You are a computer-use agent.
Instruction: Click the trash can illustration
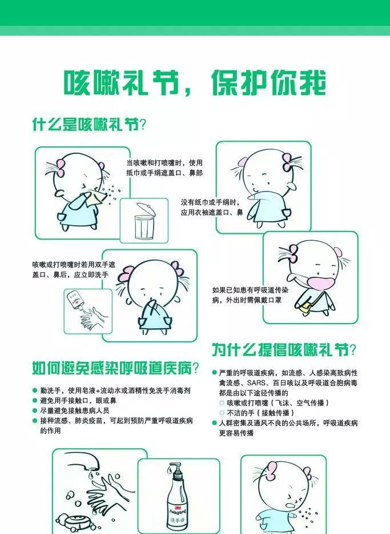coord(145,221)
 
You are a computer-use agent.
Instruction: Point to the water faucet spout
coord(82,460)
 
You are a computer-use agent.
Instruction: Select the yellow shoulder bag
coord(304,306)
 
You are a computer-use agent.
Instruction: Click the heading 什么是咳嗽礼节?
coord(89,124)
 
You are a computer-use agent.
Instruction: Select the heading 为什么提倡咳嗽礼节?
coord(284,350)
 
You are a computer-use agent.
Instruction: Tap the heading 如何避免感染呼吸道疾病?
coord(115,368)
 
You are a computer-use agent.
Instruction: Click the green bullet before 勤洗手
coord(35,390)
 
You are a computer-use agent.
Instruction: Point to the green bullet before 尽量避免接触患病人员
coord(35,411)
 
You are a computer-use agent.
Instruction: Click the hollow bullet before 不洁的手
coord(222,413)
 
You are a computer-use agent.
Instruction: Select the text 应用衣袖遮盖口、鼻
coord(212,213)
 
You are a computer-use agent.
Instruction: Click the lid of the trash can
coord(146,209)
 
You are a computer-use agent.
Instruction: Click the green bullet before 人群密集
coord(214,423)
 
